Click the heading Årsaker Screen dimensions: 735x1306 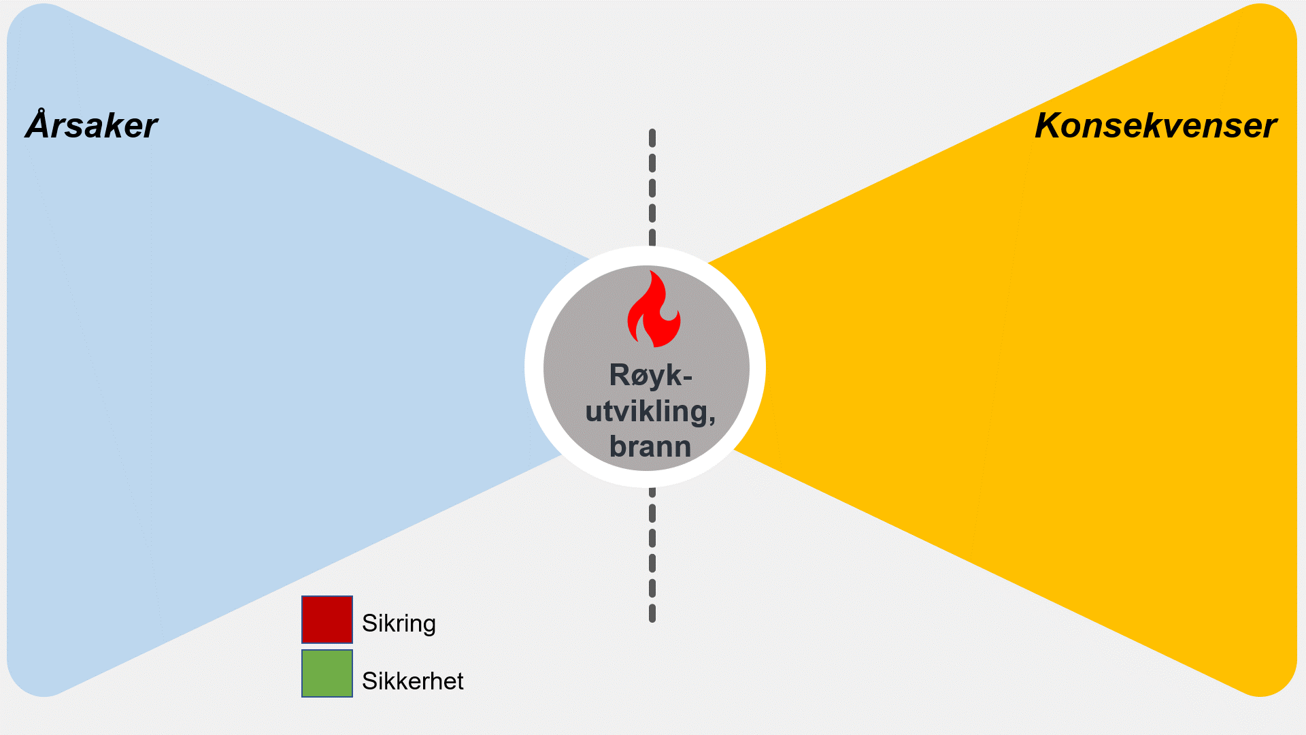click(92, 126)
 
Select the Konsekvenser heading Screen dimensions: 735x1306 click(1155, 126)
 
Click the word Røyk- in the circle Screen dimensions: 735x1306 click(650, 375)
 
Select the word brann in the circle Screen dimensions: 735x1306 click(650, 446)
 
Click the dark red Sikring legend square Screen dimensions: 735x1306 click(327, 619)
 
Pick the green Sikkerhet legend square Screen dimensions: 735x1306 click(327, 674)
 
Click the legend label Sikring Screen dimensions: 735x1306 click(399, 623)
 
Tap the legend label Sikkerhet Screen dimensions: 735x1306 click(412, 681)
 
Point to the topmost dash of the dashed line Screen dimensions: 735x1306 click(652, 138)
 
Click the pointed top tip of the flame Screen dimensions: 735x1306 click(652, 272)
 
